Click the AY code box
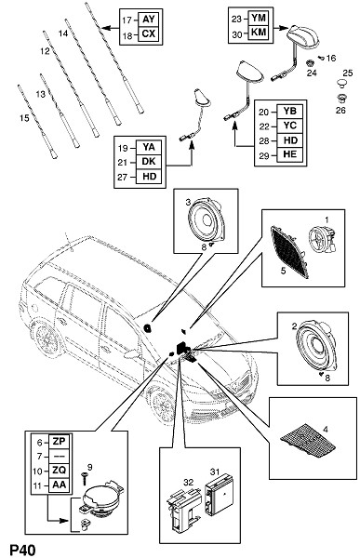coord(148,20)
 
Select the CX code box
coord(148,34)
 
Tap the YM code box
coord(259,19)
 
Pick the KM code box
coord(259,33)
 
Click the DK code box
coord(149,162)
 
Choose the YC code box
coord(290,126)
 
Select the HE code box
coord(290,154)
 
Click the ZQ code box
coord(59,471)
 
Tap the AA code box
coord(59,485)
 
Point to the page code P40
coord(22,550)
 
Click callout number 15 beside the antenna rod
coord(24,118)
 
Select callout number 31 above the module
coord(214,472)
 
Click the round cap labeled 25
coord(342,84)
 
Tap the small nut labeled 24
coord(310,63)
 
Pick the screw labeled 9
coord(85,479)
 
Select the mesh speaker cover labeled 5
coord(289,252)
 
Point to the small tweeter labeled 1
coord(322,240)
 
